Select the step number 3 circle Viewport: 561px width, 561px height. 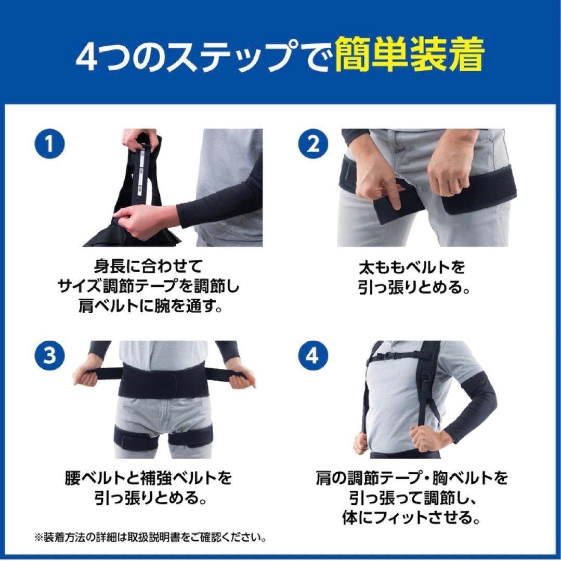(50, 356)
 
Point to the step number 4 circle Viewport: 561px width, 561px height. (314, 356)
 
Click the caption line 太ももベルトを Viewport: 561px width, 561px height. (411, 268)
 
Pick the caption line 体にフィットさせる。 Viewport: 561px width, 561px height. (411, 516)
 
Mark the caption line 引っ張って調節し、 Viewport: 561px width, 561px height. (411, 498)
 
